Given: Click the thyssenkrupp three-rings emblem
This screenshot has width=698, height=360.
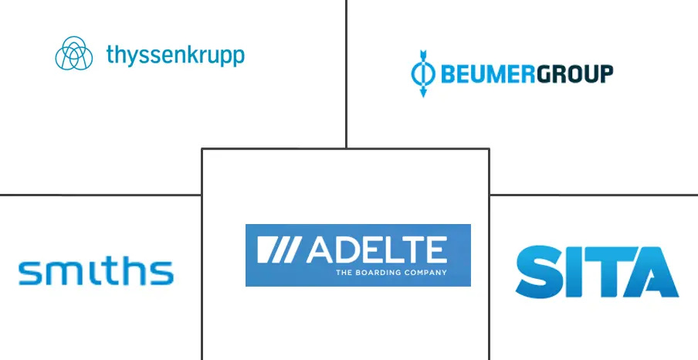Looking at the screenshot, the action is tap(74, 53).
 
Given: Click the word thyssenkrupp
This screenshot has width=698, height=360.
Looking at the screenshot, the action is tap(175, 56).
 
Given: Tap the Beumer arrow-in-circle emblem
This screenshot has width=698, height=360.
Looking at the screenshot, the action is tap(423, 73).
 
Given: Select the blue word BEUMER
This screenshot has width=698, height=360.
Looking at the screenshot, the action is tap(488, 74).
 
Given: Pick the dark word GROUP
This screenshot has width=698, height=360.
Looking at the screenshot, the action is tap(574, 74).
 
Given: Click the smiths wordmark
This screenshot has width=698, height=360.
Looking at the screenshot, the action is tap(96, 273).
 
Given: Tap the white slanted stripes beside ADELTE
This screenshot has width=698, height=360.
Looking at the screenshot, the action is tap(279, 250).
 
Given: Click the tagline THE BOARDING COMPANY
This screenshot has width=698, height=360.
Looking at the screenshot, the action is tap(391, 272).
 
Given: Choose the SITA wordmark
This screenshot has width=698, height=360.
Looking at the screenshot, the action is tap(597, 272).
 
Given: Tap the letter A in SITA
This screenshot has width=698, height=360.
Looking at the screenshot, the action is tap(651, 272).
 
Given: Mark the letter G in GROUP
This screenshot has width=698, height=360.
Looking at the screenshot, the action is tap(544, 74).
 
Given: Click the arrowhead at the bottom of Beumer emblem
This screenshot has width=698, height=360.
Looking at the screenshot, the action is tap(423, 93).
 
